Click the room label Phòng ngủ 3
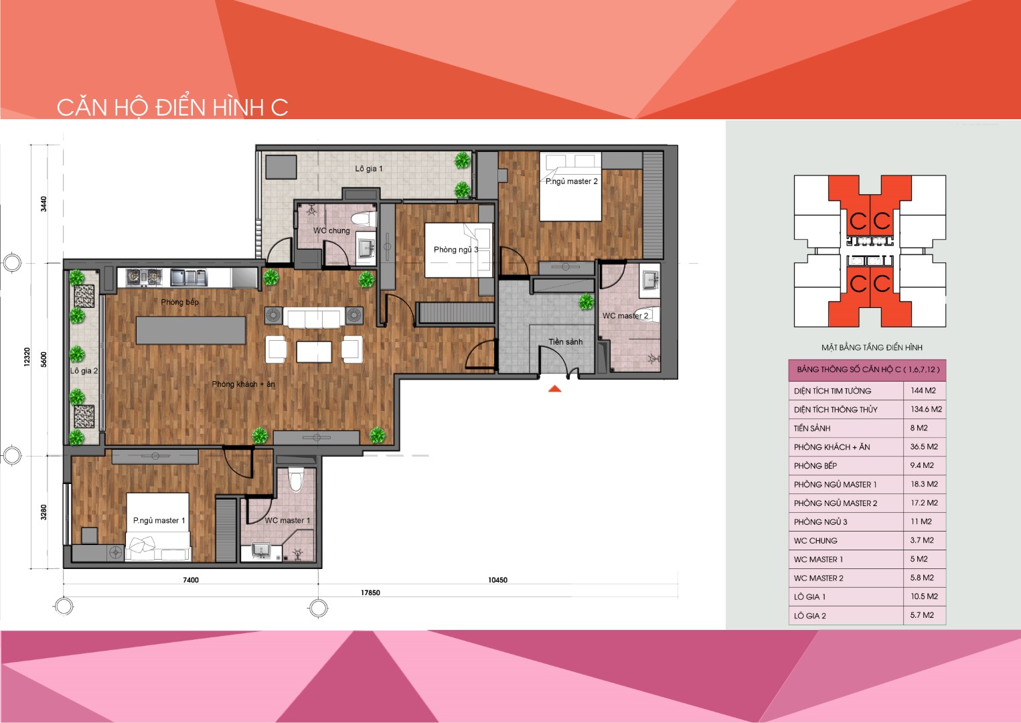click(x=456, y=250)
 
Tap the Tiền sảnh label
click(x=566, y=341)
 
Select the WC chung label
click(x=331, y=231)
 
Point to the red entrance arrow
click(x=555, y=389)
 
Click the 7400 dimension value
click(x=191, y=580)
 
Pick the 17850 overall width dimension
click(x=370, y=592)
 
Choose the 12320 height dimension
click(x=27, y=357)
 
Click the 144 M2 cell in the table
click(x=923, y=390)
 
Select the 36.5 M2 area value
click(x=924, y=447)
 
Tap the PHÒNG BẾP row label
click(x=815, y=465)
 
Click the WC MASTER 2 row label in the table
click(x=819, y=578)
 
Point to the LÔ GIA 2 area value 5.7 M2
click(x=922, y=615)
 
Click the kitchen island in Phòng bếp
click(x=191, y=330)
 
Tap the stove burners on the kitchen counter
click(x=144, y=277)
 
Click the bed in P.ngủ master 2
click(x=570, y=187)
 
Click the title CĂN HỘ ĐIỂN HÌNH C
click(x=172, y=108)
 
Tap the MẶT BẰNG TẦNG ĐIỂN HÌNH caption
click(x=872, y=347)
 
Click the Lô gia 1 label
click(x=369, y=169)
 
